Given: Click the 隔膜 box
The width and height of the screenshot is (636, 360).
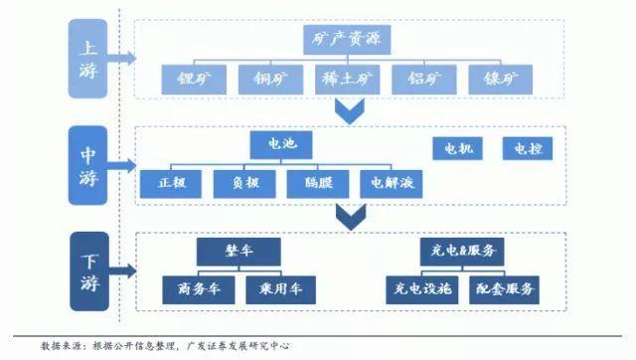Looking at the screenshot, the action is pos(317,182).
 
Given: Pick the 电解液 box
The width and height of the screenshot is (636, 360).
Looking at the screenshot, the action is pos(393,182).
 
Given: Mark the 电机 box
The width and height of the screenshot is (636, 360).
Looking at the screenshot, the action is pos(458,149).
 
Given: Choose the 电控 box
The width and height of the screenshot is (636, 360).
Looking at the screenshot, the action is pos(527,149).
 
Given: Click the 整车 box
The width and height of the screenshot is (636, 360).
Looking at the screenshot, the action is pos(238,252).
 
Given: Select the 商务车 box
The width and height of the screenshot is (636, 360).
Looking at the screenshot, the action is pos(198,288).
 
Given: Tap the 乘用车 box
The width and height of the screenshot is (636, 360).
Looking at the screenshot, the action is pos(280,288).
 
